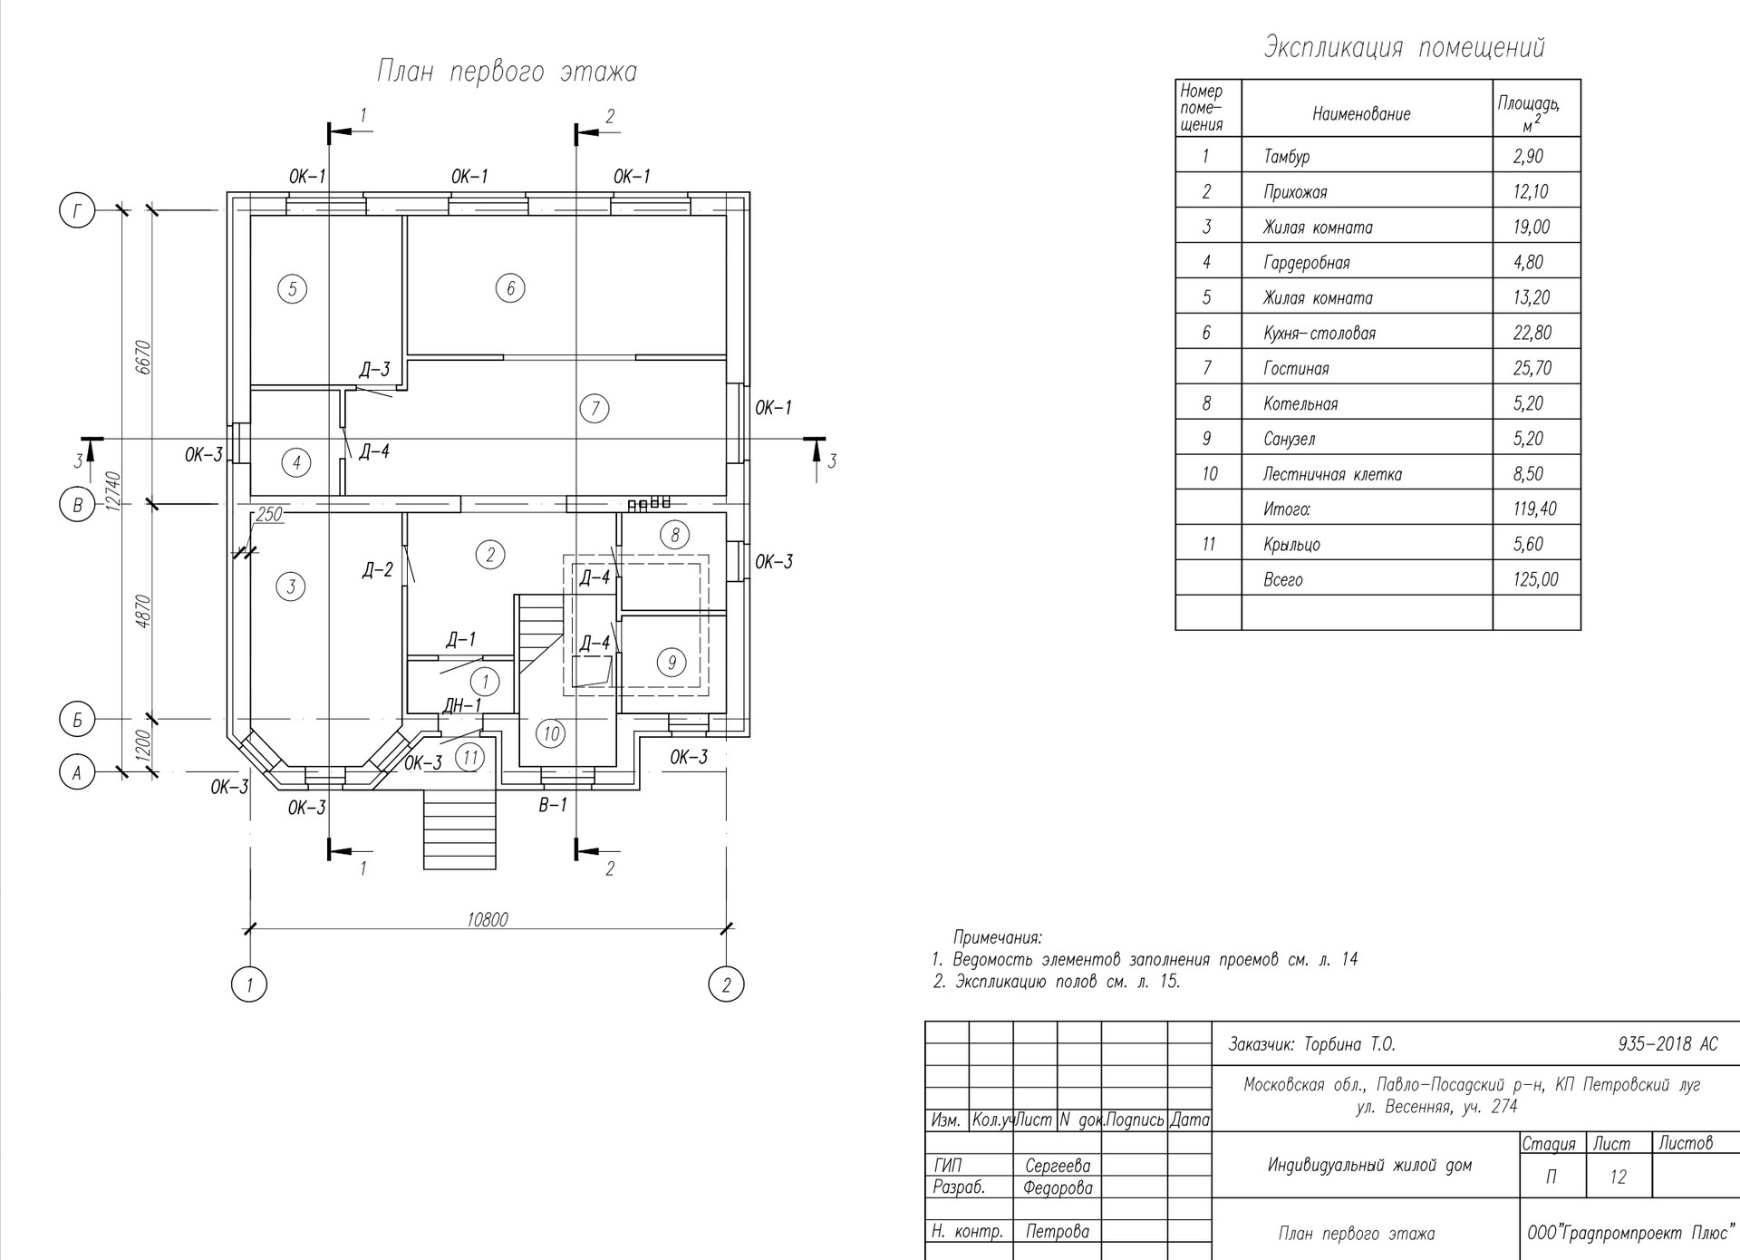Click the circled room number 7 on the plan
(x=594, y=408)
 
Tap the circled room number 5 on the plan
(x=292, y=289)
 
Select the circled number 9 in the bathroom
(x=672, y=663)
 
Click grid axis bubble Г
(x=77, y=211)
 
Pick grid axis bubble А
(x=77, y=773)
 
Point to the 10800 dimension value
(x=488, y=919)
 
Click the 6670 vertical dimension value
(x=141, y=358)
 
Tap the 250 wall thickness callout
(x=269, y=515)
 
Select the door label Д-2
(x=377, y=570)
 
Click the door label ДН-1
(x=462, y=705)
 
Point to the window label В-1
(x=552, y=804)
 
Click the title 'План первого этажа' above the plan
(x=507, y=72)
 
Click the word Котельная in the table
(x=1300, y=403)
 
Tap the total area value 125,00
(x=1535, y=579)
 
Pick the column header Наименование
(x=1361, y=114)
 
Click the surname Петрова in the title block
(x=1058, y=1231)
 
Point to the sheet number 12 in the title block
(x=1618, y=1177)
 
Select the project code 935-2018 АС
(x=1667, y=1044)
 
